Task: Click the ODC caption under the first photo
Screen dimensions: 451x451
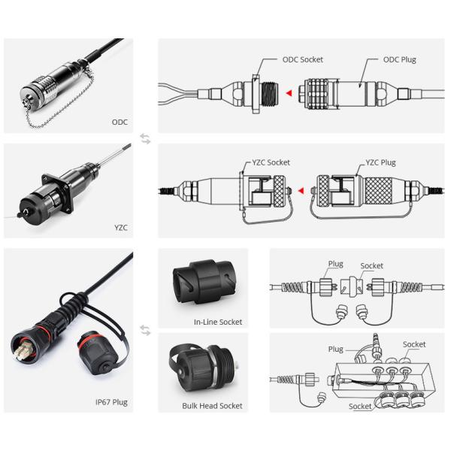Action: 120,122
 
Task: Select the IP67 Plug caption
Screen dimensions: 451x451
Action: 111,402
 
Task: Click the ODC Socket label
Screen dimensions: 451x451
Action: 302,59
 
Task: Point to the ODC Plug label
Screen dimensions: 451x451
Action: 399,59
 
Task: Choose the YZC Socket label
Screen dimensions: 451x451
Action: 269,162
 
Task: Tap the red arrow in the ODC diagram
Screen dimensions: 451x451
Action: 288,93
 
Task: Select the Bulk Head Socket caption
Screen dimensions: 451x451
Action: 212,405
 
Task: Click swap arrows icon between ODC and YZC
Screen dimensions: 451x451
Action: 145,138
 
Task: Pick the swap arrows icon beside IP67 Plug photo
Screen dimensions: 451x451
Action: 145,331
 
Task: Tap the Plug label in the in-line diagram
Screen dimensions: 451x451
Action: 335,265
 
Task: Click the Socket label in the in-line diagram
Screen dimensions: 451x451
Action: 371,266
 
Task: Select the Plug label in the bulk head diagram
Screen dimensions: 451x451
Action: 335,350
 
